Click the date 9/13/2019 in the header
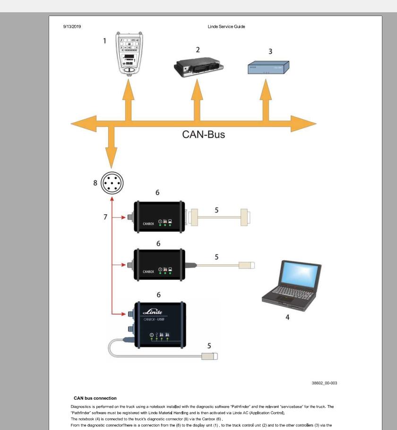[x=72, y=26]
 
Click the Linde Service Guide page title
[x=226, y=26]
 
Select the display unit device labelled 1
[x=129, y=53]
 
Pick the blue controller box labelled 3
[x=268, y=68]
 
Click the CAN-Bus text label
[x=203, y=135]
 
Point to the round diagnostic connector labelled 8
[x=112, y=182]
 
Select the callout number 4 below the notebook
[x=287, y=317]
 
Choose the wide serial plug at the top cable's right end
[x=245, y=217]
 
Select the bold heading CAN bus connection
[x=95, y=398]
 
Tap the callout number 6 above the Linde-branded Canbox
[x=158, y=295]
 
